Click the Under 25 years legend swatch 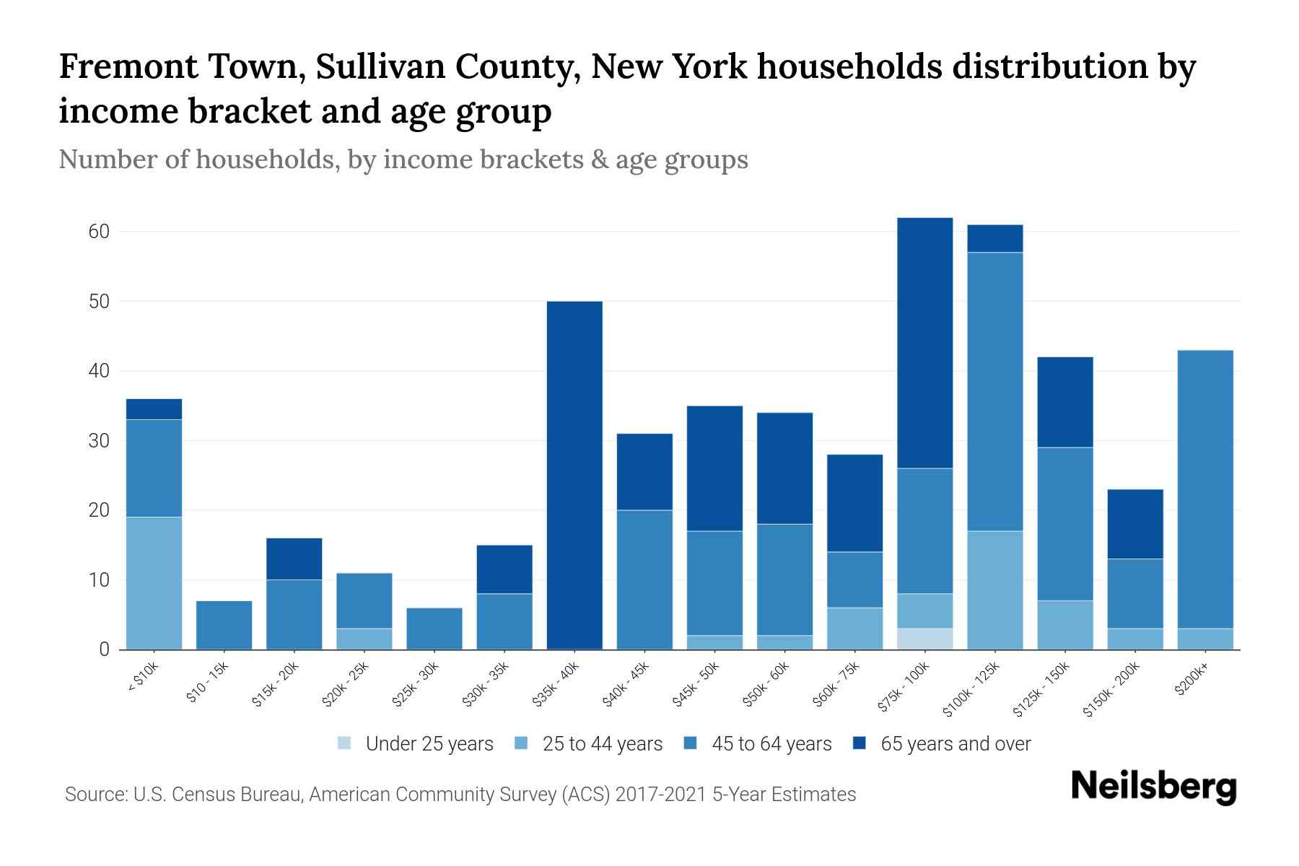pos(345,743)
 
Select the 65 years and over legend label pos(955,743)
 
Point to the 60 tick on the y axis pos(99,232)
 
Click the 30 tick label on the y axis pos(99,440)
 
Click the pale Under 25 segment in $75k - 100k pos(925,639)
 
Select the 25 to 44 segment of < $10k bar pos(154,583)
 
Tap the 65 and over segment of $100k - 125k pos(995,238)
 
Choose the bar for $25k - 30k pos(434,629)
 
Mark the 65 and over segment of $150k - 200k pos(1135,524)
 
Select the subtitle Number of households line pos(403,159)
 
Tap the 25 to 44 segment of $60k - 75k pos(855,629)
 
